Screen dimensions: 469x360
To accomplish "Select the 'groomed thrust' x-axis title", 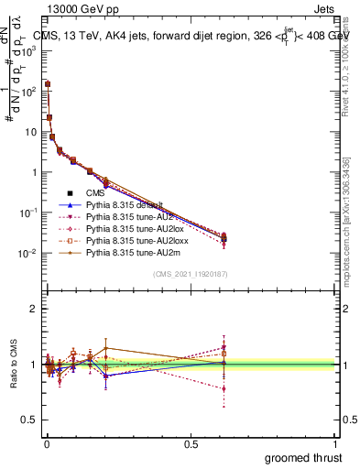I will pyautogui.click(x=304, y=457).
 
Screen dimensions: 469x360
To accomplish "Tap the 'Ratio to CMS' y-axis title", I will pyautogui.click(x=12, y=364).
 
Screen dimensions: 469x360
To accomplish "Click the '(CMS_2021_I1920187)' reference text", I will pyautogui.click(x=190, y=274).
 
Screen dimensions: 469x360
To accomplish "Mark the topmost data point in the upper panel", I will pyautogui.click(x=47, y=84).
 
